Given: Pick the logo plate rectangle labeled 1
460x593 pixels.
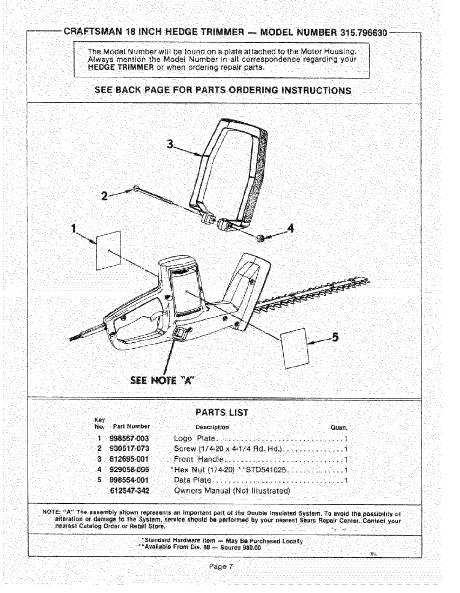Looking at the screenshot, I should [x=109, y=250].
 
